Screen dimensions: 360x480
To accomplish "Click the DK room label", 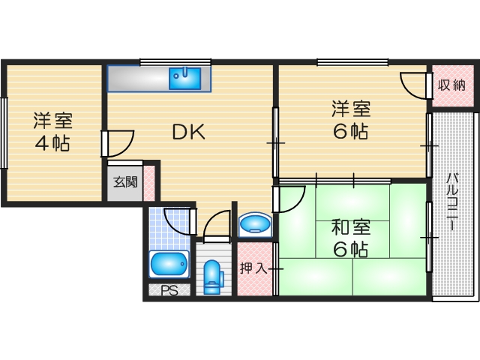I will point(189,132).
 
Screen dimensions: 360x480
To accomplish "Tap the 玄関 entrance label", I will point(125,181).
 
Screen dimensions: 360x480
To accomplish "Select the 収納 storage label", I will point(453,84).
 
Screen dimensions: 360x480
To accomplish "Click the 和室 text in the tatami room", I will point(351,226).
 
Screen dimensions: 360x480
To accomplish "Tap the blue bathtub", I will point(169,263).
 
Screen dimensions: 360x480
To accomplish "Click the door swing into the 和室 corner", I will point(290,197).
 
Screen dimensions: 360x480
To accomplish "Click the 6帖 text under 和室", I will point(351,250).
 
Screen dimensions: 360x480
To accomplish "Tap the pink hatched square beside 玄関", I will point(149,181).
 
